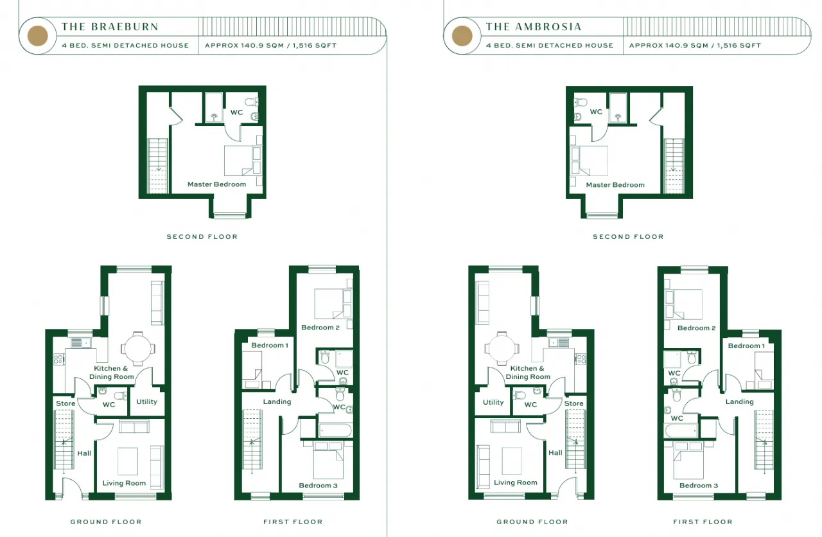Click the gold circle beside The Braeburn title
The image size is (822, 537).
click(x=37, y=35)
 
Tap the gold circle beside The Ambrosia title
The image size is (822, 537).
click(x=462, y=35)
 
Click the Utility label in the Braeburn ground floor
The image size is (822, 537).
click(x=147, y=401)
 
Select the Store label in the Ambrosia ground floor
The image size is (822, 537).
click(x=573, y=403)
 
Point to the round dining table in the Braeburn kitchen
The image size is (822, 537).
click(x=137, y=349)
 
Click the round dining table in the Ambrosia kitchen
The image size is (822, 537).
click(x=502, y=348)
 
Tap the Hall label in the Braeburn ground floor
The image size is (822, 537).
click(x=84, y=453)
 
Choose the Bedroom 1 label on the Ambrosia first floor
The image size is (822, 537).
click(x=746, y=346)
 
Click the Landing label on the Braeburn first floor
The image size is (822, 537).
click(x=277, y=402)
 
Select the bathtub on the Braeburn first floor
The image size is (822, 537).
click(x=335, y=430)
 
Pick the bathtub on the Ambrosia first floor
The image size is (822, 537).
click(x=681, y=430)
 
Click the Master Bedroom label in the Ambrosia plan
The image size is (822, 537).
click(x=615, y=185)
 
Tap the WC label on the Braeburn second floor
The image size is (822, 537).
click(x=237, y=112)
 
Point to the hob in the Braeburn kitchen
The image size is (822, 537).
click(x=58, y=358)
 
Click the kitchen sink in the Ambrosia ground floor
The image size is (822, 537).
click(x=559, y=343)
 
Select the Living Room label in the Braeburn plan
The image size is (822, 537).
click(x=124, y=484)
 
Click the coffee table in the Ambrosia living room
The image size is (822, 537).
click(x=512, y=461)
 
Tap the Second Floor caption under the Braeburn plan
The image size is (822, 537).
click(x=202, y=237)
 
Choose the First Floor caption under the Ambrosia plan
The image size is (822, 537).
click(x=703, y=522)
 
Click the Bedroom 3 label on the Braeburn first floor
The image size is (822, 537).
click(x=318, y=486)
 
